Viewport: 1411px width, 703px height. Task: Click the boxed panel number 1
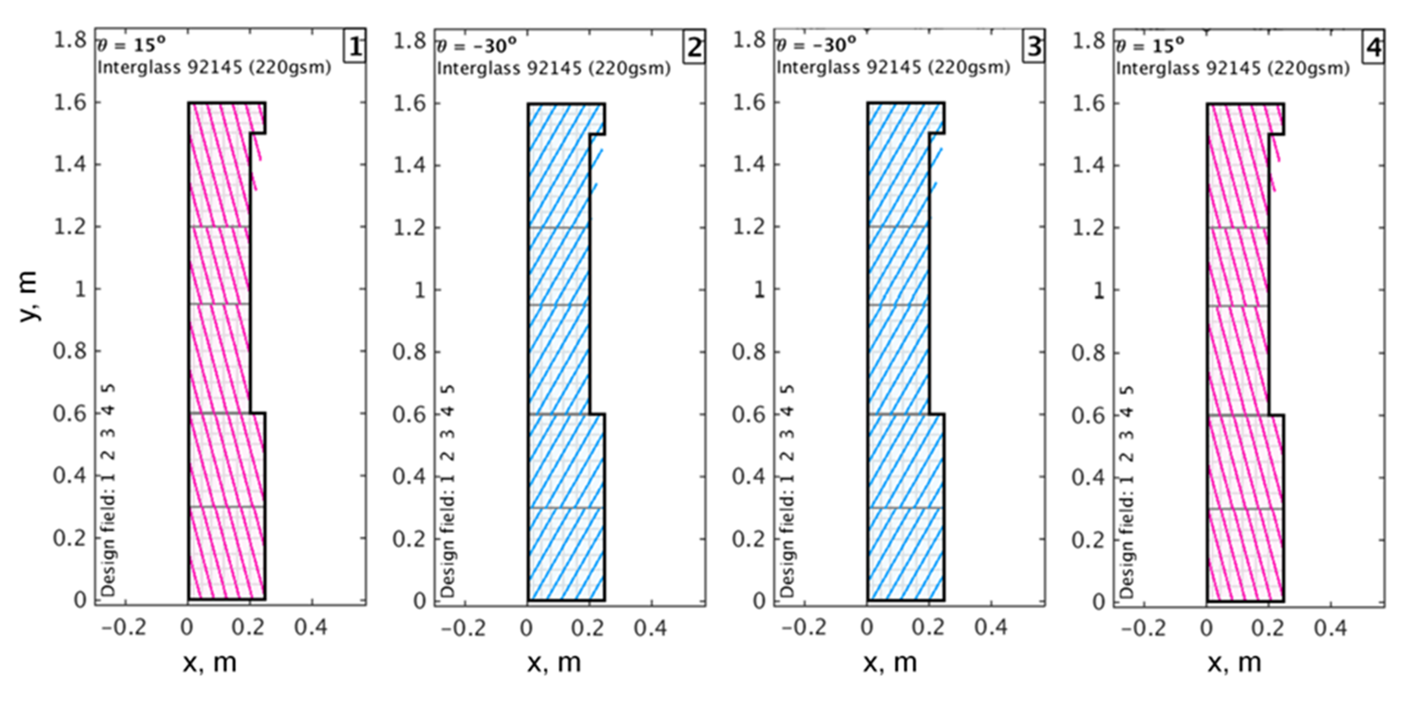point(355,48)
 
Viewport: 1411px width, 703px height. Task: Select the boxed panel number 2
point(694,48)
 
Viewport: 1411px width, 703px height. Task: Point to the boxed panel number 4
point(1373,48)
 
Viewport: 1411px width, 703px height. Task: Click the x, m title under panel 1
point(210,663)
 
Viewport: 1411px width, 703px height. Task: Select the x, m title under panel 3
point(890,663)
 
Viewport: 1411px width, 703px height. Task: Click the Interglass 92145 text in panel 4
point(1232,68)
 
